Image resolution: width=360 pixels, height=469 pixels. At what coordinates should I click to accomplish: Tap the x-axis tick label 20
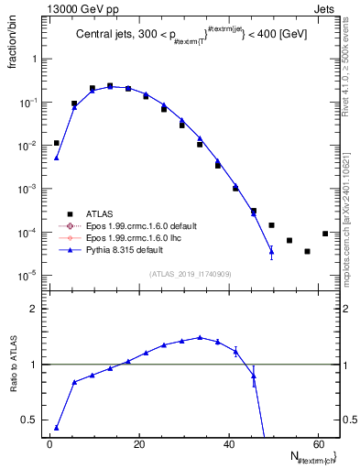pos(139,445)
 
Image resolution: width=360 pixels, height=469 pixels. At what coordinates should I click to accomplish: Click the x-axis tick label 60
pos(318,445)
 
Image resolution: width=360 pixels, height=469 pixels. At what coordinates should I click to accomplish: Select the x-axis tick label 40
pos(228,445)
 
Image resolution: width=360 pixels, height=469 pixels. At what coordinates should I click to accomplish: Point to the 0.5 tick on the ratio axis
pos(35,420)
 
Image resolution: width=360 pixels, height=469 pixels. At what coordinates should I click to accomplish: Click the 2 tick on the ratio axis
pos(38,310)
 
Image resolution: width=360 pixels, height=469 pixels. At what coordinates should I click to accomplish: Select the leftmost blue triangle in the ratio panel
pos(56,428)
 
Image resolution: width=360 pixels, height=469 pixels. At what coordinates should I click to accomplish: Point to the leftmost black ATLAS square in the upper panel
pos(56,143)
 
